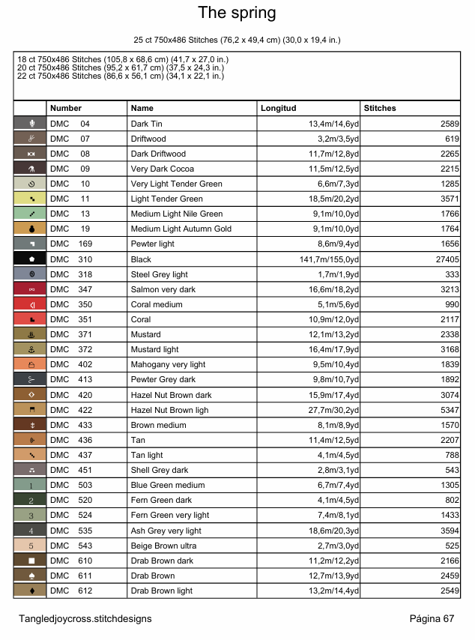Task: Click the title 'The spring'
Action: [237, 13]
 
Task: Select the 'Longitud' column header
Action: [279, 109]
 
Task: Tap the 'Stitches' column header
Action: [380, 109]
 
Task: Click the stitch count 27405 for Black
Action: [447, 259]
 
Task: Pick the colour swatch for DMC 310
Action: [30, 259]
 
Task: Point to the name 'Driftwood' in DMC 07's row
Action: [148, 139]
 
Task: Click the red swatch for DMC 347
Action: [30, 289]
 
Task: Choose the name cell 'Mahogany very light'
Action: [168, 364]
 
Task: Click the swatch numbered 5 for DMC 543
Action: [30, 546]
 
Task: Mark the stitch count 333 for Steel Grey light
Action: [452, 274]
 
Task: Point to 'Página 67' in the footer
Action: [432, 618]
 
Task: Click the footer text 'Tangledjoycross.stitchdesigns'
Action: [85, 618]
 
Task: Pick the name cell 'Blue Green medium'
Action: [167, 485]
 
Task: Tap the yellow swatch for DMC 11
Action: [30, 199]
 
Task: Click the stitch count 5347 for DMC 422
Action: [449, 410]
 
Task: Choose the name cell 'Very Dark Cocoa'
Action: [162, 169]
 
